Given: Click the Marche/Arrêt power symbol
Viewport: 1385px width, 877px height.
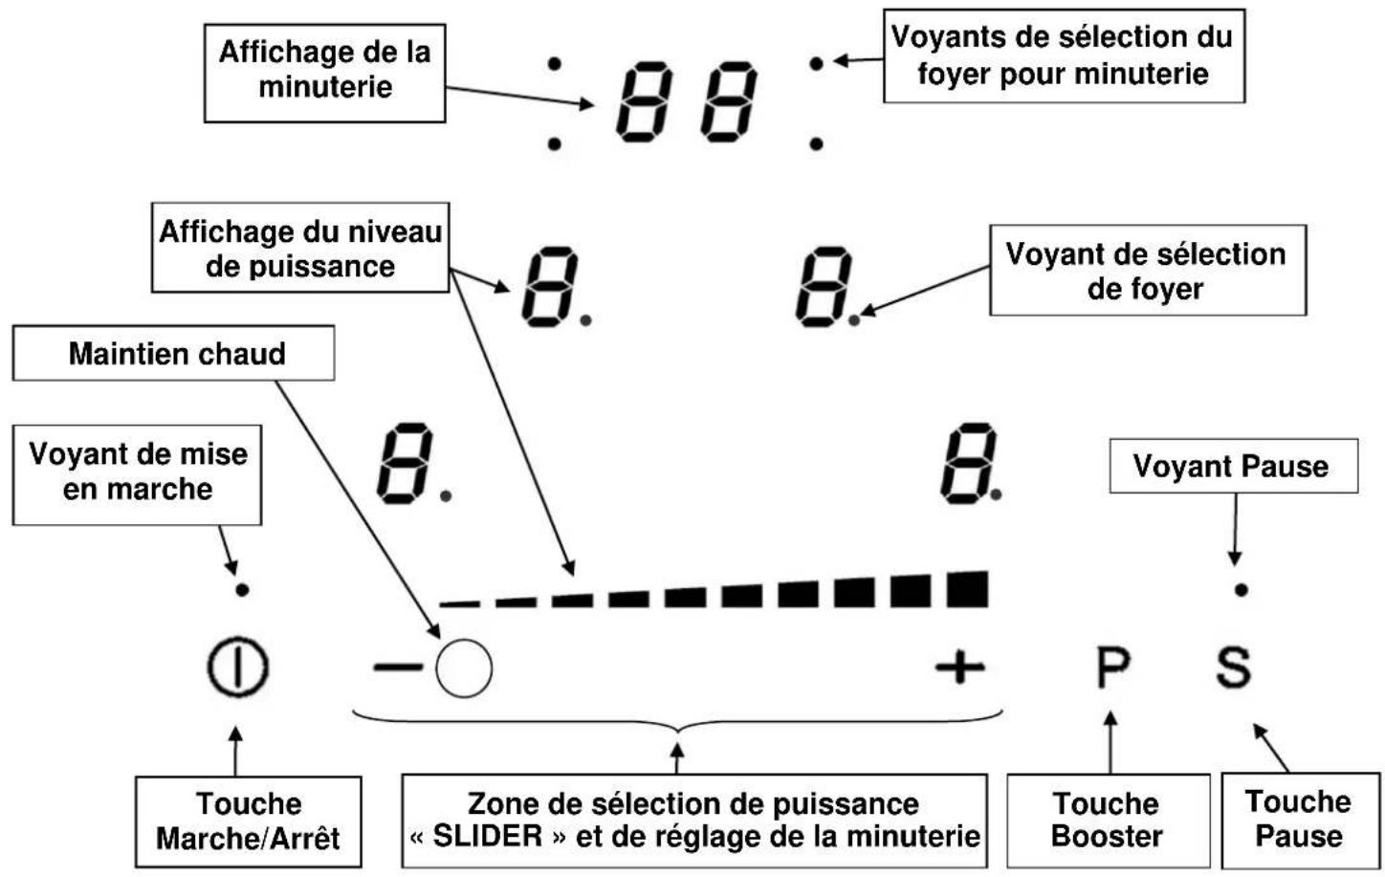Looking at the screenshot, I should [x=237, y=667].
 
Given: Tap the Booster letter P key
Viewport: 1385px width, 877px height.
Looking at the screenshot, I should [x=1112, y=667].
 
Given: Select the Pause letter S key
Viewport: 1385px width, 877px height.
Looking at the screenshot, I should [x=1233, y=667].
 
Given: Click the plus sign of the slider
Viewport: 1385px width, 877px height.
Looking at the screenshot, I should [x=959, y=667].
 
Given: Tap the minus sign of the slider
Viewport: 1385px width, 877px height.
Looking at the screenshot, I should [x=396, y=667].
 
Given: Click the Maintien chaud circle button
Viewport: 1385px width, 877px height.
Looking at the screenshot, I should [x=464, y=667].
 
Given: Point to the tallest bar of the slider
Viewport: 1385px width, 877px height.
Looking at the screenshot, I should [x=967, y=589].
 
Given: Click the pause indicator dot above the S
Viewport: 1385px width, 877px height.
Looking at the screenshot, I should [x=1241, y=590].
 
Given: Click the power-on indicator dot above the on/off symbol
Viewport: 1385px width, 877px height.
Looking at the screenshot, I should [x=242, y=590].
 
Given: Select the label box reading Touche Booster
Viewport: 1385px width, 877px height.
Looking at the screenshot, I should [x=1108, y=820].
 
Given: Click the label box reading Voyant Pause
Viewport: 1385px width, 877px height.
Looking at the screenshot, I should [x=1232, y=466].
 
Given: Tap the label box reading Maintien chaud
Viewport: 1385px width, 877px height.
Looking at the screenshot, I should [x=174, y=353].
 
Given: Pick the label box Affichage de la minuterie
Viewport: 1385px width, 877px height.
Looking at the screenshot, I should [x=325, y=70].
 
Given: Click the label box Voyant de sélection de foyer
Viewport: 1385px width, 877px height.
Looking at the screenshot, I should [x=1147, y=271].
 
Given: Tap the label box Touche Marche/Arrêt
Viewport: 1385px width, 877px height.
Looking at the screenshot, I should [x=248, y=821].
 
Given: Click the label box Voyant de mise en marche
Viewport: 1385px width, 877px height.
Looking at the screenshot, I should [x=137, y=472].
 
